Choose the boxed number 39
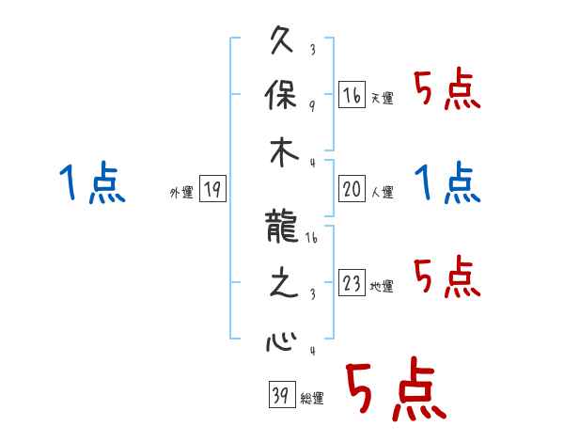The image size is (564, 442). [280, 395]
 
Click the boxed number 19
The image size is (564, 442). [212, 190]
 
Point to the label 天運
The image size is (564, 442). [382, 98]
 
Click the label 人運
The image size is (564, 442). [382, 193]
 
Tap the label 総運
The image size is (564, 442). [311, 399]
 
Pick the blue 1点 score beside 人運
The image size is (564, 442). [447, 182]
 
